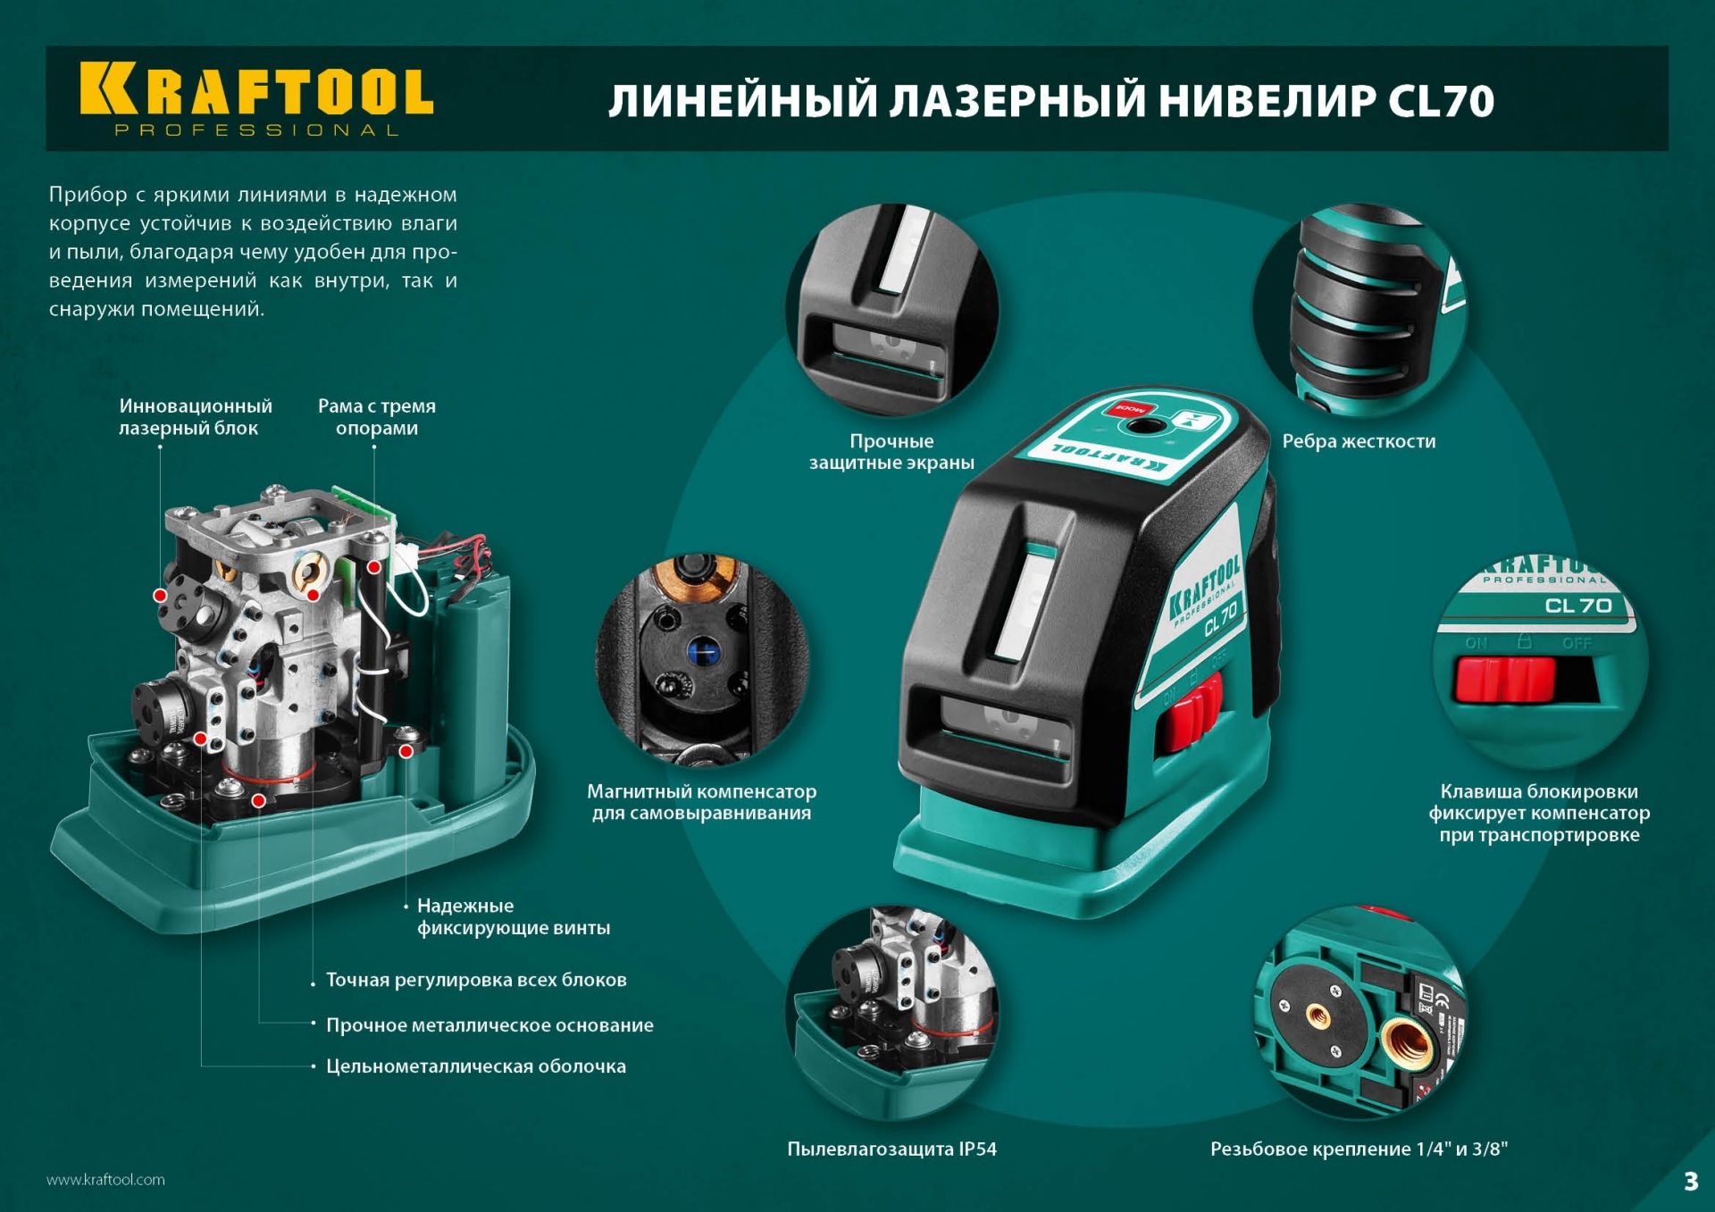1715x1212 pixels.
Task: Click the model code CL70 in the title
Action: tap(1440, 101)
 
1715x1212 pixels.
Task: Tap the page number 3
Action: tap(1690, 1181)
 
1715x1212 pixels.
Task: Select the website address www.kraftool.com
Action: tap(105, 1180)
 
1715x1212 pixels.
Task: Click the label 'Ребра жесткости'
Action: tap(1359, 441)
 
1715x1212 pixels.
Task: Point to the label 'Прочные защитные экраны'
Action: tap(891, 452)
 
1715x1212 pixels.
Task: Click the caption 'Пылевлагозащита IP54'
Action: tap(891, 1149)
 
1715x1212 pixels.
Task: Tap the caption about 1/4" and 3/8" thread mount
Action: tap(1359, 1149)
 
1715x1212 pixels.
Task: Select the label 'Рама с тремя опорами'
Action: tap(377, 416)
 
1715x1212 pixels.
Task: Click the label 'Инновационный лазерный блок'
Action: tap(195, 416)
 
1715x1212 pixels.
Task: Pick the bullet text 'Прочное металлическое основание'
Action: tap(489, 1025)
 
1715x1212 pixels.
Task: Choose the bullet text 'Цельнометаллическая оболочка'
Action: tap(475, 1066)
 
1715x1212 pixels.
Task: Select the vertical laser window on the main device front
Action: tap(1024, 606)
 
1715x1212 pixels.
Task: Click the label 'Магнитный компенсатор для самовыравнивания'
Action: tap(701, 802)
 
